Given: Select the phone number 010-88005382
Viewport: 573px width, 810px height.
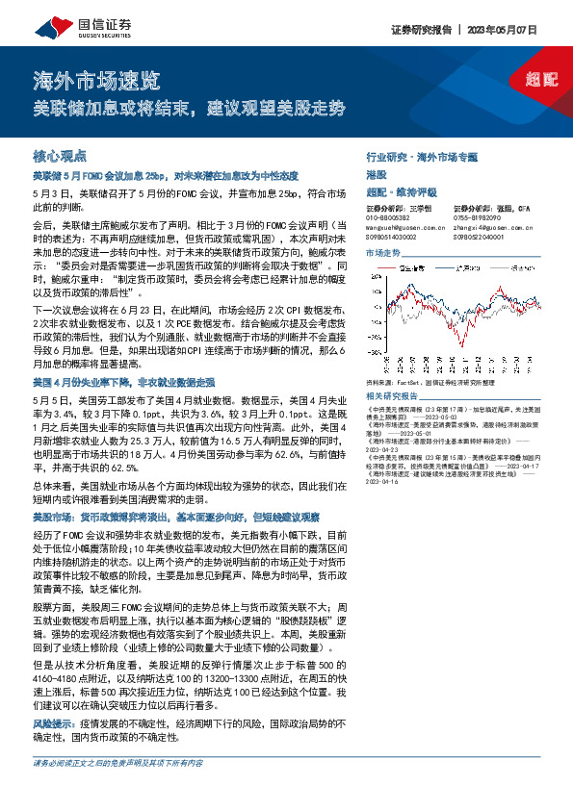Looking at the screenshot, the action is (391, 216).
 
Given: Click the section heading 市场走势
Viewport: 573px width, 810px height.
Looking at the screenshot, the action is (382, 252).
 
